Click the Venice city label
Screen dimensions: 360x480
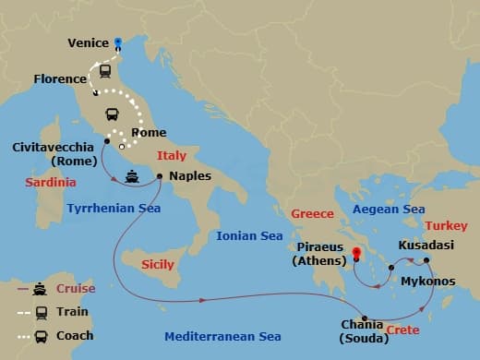pyautogui.click(x=89, y=42)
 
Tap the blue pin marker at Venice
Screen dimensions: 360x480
pyautogui.click(x=118, y=42)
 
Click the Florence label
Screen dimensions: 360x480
pyautogui.click(x=60, y=79)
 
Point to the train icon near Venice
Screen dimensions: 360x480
pyautogui.click(x=106, y=70)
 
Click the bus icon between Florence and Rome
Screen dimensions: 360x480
pyautogui.click(x=113, y=114)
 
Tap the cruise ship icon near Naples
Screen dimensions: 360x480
pyautogui.click(x=132, y=176)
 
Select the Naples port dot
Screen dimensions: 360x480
pyautogui.click(x=160, y=175)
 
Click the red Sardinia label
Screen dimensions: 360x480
pyautogui.click(x=50, y=183)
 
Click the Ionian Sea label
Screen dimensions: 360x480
pyautogui.click(x=249, y=236)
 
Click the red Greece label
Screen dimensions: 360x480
pyautogui.click(x=312, y=214)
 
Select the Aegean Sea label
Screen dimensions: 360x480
pyautogui.click(x=388, y=210)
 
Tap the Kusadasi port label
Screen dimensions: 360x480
pyautogui.click(x=426, y=246)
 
